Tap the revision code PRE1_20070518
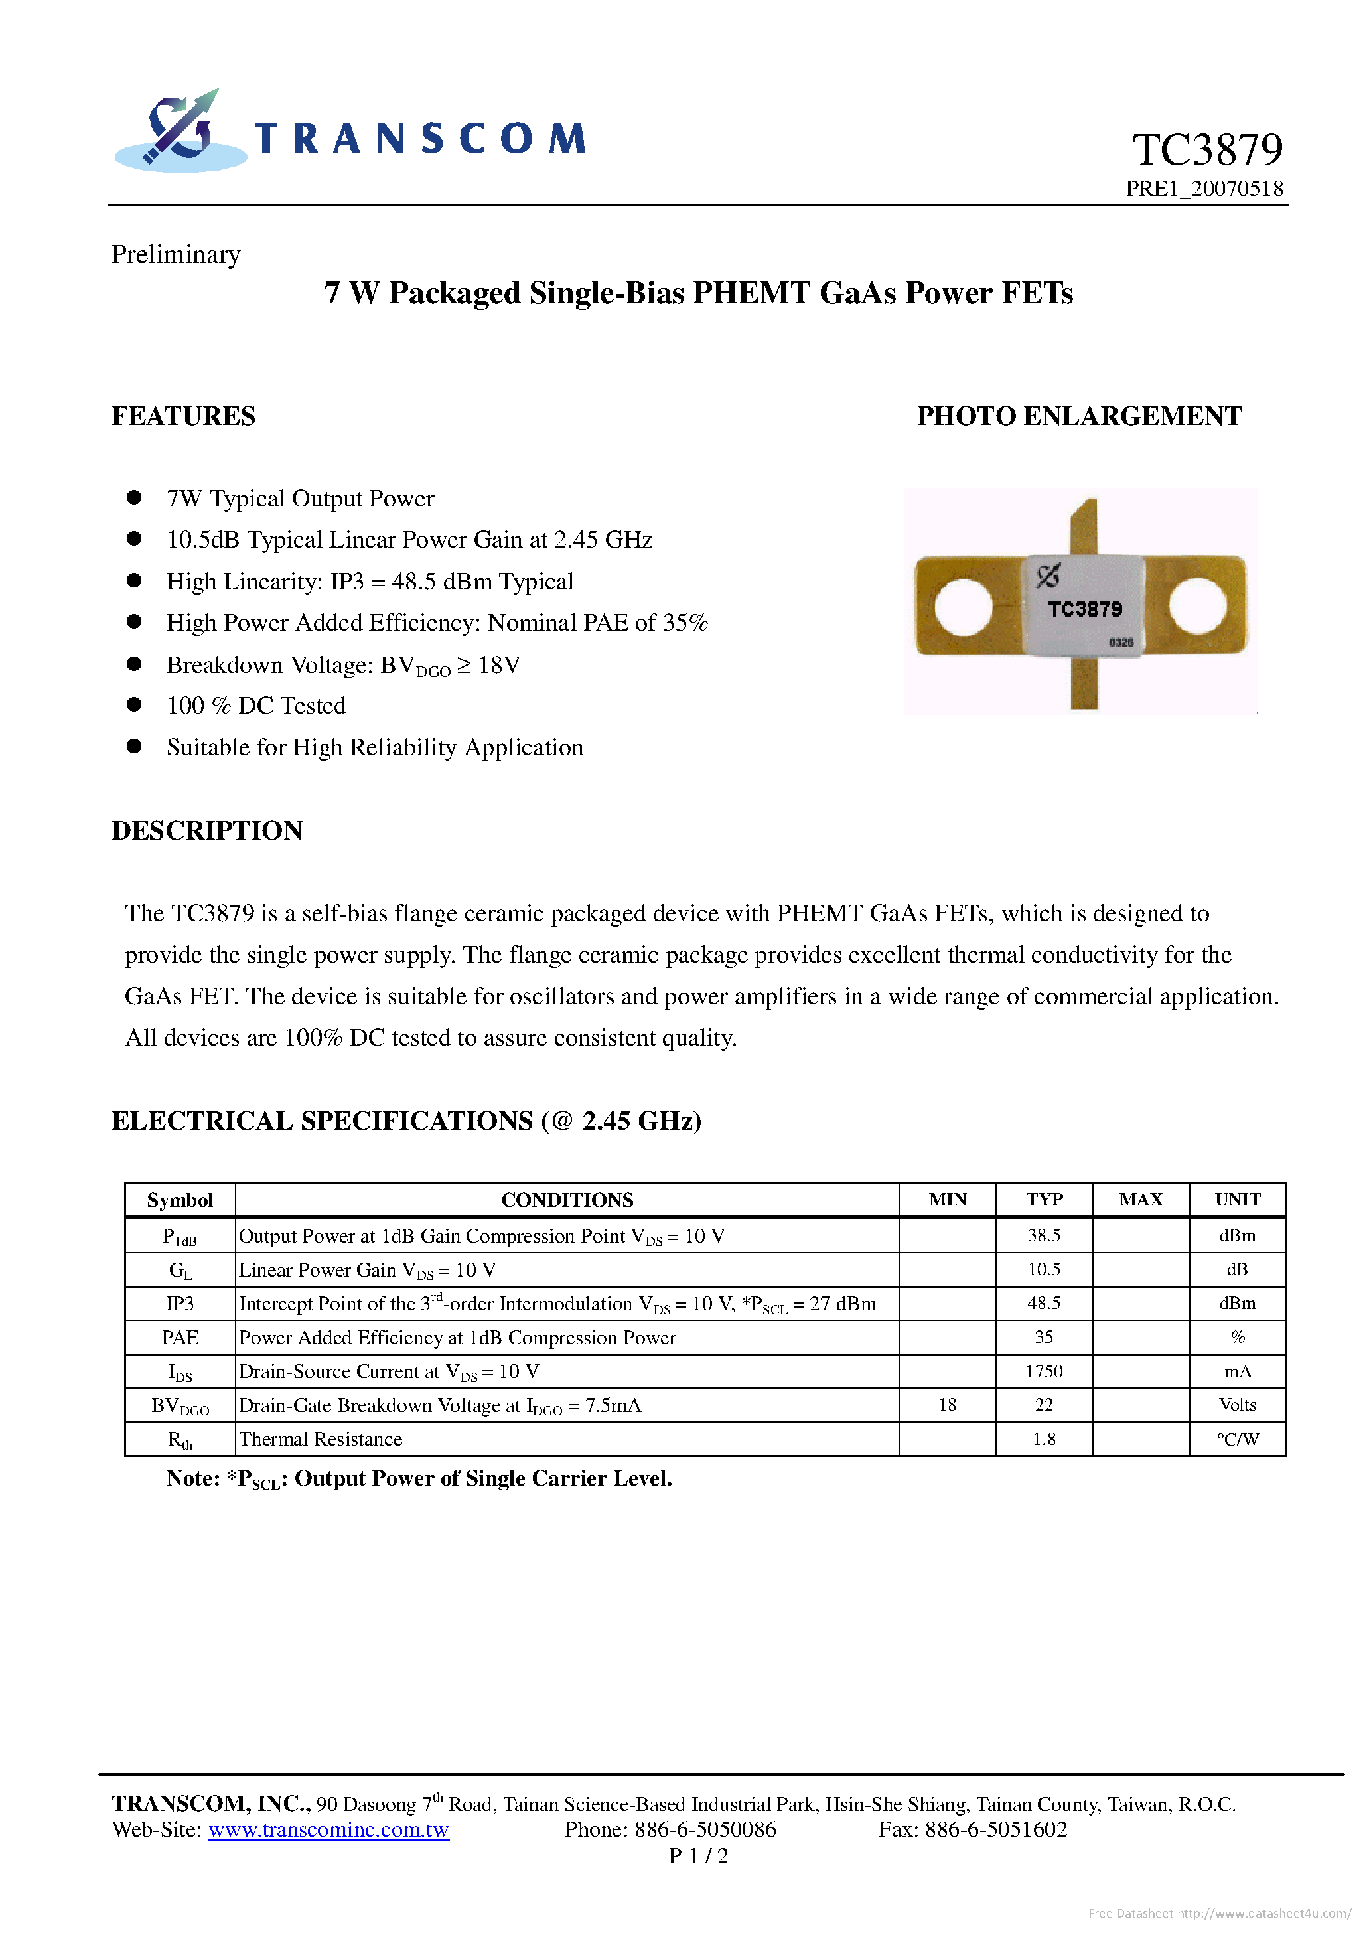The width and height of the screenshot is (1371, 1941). tap(1204, 189)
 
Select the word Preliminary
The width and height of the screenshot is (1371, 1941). tap(176, 254)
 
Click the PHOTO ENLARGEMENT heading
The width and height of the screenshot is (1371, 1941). tap(1078, 416)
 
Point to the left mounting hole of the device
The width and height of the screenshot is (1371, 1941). tap(964, 606)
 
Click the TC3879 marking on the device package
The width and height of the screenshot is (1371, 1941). tap(1084, 609)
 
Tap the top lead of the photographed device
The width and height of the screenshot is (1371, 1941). tap(1084, 524)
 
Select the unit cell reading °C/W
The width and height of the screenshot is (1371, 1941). tap(1238, 1439)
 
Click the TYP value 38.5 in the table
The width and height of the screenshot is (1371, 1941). tap(1044, 1235)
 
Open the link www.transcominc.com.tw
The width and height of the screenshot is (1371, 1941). tap(328, 1829)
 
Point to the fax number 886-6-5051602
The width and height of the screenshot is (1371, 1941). tap(995, 1829)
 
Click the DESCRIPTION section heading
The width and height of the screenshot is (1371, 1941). tap(207, 830)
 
